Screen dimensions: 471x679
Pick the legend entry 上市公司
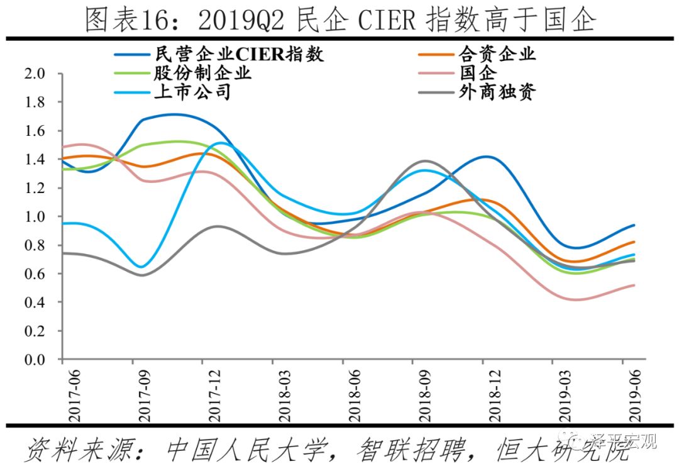(x=192, y=92)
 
